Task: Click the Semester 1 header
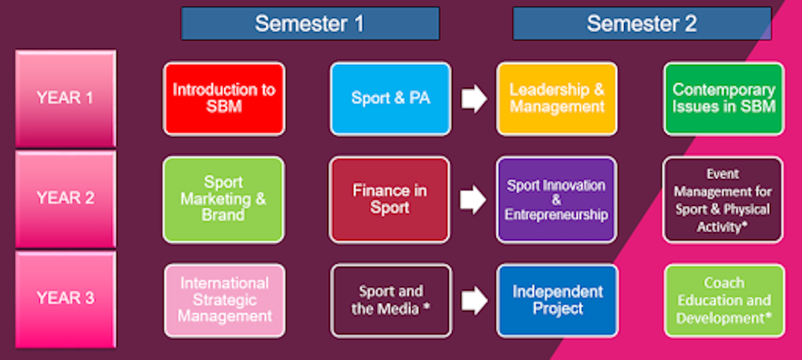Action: [x=310, y=23]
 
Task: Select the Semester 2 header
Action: [x=642, y=23]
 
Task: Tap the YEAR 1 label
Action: [x=66, y=98]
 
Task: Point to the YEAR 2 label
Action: [x=66, y=198]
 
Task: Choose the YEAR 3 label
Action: [x=66, y=298]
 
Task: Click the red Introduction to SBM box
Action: [x=224, y=99]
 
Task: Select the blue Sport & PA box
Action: [x=390, y=99]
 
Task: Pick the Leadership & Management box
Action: [x=557, y=99]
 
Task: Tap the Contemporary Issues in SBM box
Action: [x=723, y=99]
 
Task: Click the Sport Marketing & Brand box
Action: [x=224, y=199]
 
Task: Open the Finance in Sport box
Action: [x=389, y=199]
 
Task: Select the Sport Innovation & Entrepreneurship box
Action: [x=557, y=199]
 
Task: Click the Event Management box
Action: [x=723, y=199]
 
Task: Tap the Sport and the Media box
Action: [x=391, y=300]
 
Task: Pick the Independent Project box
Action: [x=558, y=300]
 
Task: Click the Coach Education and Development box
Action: [x=724, y=300]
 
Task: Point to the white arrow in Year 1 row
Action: [x=474, y=99]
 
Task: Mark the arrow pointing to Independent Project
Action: [x=474, y=301]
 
